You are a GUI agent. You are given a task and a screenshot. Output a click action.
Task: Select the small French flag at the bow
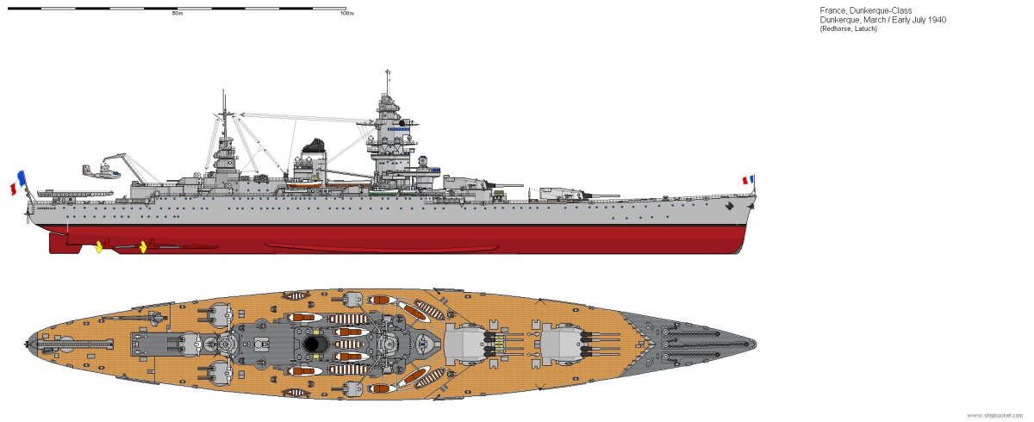coord(748,181)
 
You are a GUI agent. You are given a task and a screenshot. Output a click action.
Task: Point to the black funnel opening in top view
coord(313,344)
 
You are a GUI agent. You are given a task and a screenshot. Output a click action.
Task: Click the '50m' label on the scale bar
coord(177,14)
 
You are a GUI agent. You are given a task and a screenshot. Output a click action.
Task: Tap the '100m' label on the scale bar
coord(346,14)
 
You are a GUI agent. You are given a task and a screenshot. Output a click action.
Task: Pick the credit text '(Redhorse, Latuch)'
coord(848,30)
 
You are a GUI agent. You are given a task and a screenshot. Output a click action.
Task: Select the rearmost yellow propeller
coord(98,248)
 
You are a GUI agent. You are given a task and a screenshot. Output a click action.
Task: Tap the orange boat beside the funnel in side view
coord(303,183)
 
